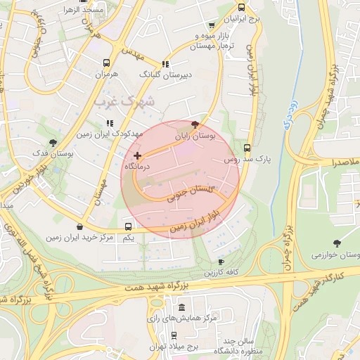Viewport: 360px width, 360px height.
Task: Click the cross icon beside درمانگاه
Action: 137,155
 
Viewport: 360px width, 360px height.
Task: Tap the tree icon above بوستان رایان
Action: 195,124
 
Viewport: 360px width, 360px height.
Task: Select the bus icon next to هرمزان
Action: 106,63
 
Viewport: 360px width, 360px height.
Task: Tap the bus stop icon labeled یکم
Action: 128,226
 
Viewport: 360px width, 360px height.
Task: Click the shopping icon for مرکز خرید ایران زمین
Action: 79,226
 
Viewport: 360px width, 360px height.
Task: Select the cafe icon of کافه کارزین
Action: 221,262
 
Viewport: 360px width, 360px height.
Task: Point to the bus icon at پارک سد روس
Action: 247,148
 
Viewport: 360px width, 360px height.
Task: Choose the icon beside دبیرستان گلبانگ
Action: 165,63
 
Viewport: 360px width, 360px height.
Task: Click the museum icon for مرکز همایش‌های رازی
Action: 182,308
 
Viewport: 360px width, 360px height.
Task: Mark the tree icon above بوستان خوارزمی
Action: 337,243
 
